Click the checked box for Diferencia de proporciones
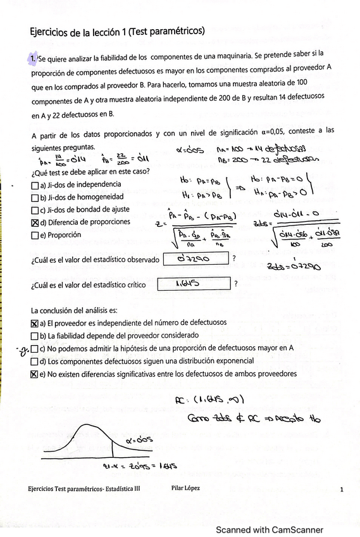click(x=34, y=222)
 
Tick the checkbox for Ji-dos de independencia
click(x=34, y=185)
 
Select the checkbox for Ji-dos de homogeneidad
click(x=34, y=198)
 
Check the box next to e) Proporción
click(x=34, y=235)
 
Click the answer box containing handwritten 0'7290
click(x=195, y=258)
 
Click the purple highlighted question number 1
click(x=33, y=59)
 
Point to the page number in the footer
click(x=342, y=490)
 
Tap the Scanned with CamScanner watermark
click(x=270, y=530)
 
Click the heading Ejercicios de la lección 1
click(x=117, y=30)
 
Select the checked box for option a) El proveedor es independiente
click(x=34, y=323)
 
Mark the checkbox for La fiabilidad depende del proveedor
click(x=34, y=336)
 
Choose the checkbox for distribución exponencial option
click(x=34, y=361)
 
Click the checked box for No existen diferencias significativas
click(x=34, y=374)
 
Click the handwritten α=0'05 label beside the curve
click(x=139, y=439)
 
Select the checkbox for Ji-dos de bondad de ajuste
click(x=34, y=210)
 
